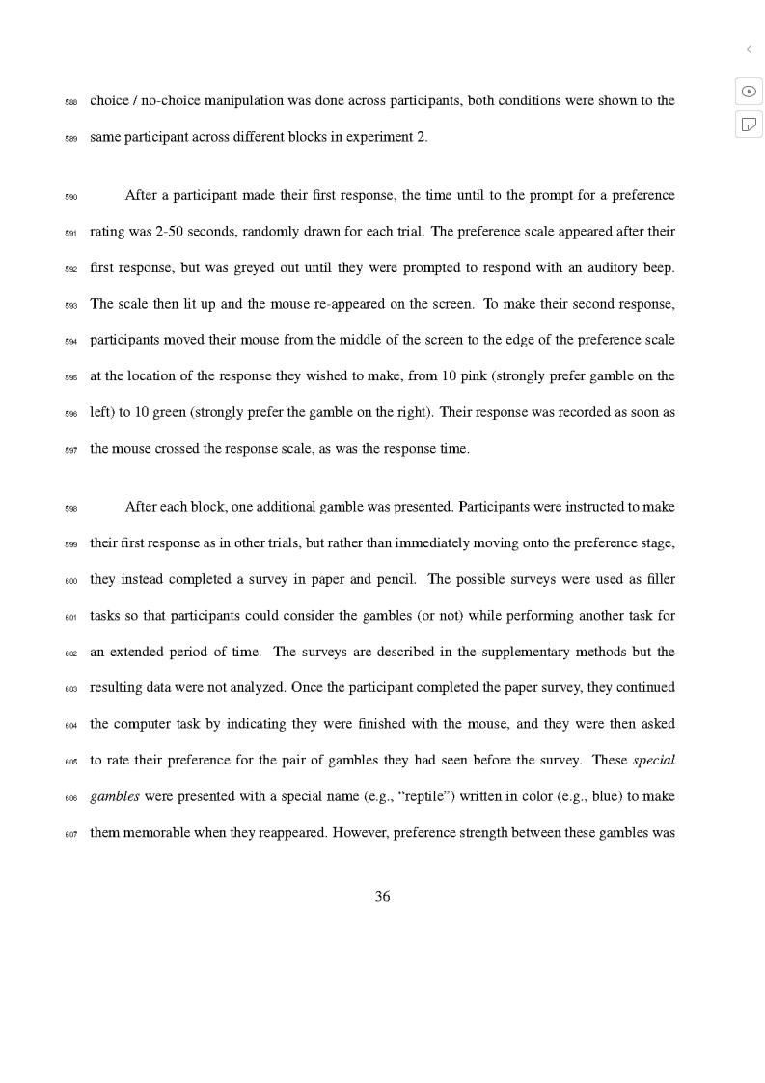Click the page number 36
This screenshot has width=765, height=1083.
[382, 897]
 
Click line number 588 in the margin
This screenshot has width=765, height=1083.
[71, 102]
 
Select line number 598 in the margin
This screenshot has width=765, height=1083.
[71, 509]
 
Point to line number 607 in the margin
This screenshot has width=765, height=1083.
[71, 834]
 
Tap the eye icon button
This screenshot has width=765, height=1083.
[749, 91]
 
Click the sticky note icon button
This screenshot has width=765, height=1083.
[749, 124]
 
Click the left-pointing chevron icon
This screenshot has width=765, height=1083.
[749, 49]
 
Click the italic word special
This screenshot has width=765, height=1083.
[654, 760]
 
